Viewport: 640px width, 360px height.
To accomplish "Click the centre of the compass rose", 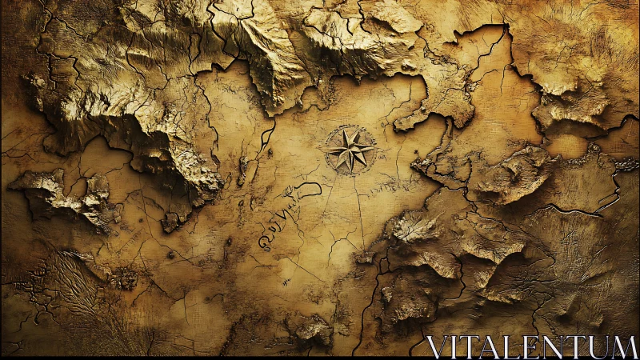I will (x=350, y=150).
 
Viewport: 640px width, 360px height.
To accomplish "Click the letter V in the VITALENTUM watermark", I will (x=438, y=346).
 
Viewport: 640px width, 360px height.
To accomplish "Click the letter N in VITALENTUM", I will (x=560, y=346).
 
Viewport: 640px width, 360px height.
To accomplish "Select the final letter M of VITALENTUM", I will (x=626, y=346).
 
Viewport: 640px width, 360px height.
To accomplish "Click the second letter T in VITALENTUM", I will (x=582, y=346).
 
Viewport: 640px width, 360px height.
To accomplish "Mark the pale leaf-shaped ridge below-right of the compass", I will (x=414, y=227).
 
